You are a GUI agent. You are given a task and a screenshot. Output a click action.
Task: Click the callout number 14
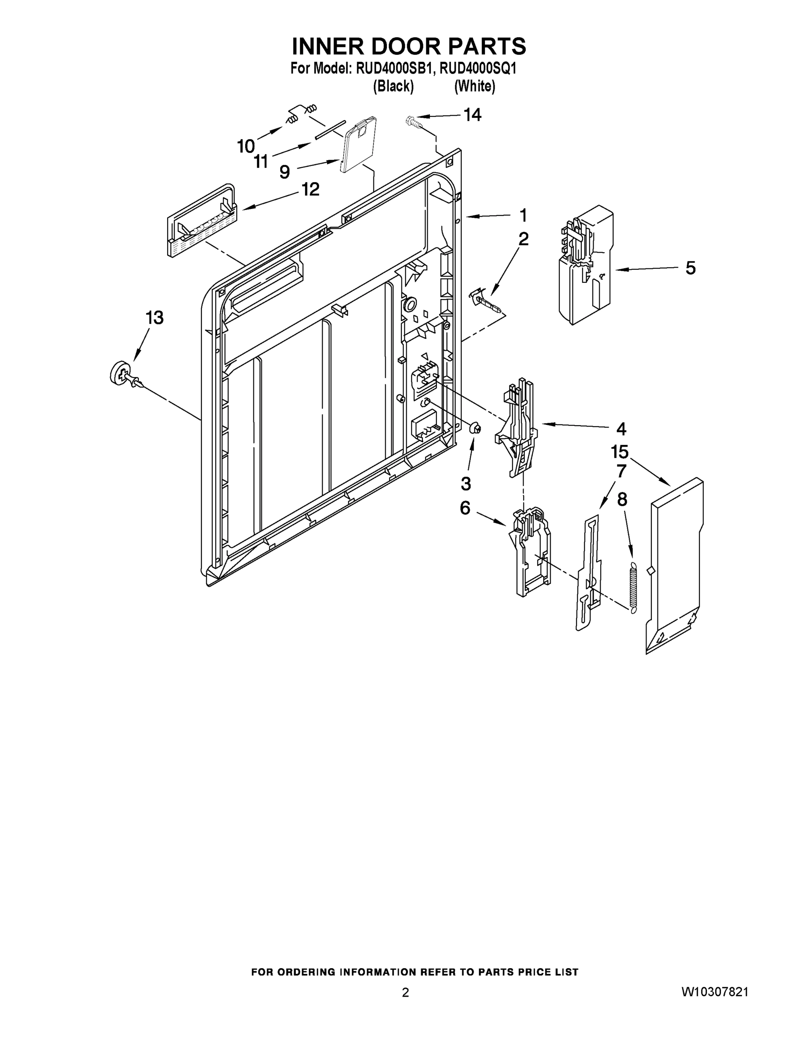(x=472, y=115)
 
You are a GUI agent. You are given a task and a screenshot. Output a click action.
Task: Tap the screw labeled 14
(x=413, y=121)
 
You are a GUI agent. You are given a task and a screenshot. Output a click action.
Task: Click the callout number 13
(x=155, y=317)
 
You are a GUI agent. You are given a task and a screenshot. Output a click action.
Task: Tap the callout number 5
(x=690, y=268)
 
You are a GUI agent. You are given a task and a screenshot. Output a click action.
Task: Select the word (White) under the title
(x=475, y=86)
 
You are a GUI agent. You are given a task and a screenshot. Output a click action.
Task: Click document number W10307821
(x=714, y=992)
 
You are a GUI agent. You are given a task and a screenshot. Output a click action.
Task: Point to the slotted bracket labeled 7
(x=589, y=573)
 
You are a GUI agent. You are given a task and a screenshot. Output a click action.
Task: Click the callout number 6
(x=465, y=508)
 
